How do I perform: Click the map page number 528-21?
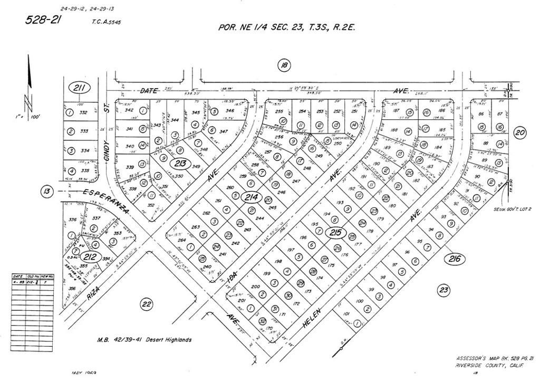tap(44, 20)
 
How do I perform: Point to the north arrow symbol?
tap(30, 79)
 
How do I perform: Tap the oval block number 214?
tap(251, 197)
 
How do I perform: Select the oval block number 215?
tap(335, 233)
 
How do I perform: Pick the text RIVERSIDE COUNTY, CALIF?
tap(489, 366)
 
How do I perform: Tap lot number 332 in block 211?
tap(83, 112)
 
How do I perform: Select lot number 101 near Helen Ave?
tap(346, 314)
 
